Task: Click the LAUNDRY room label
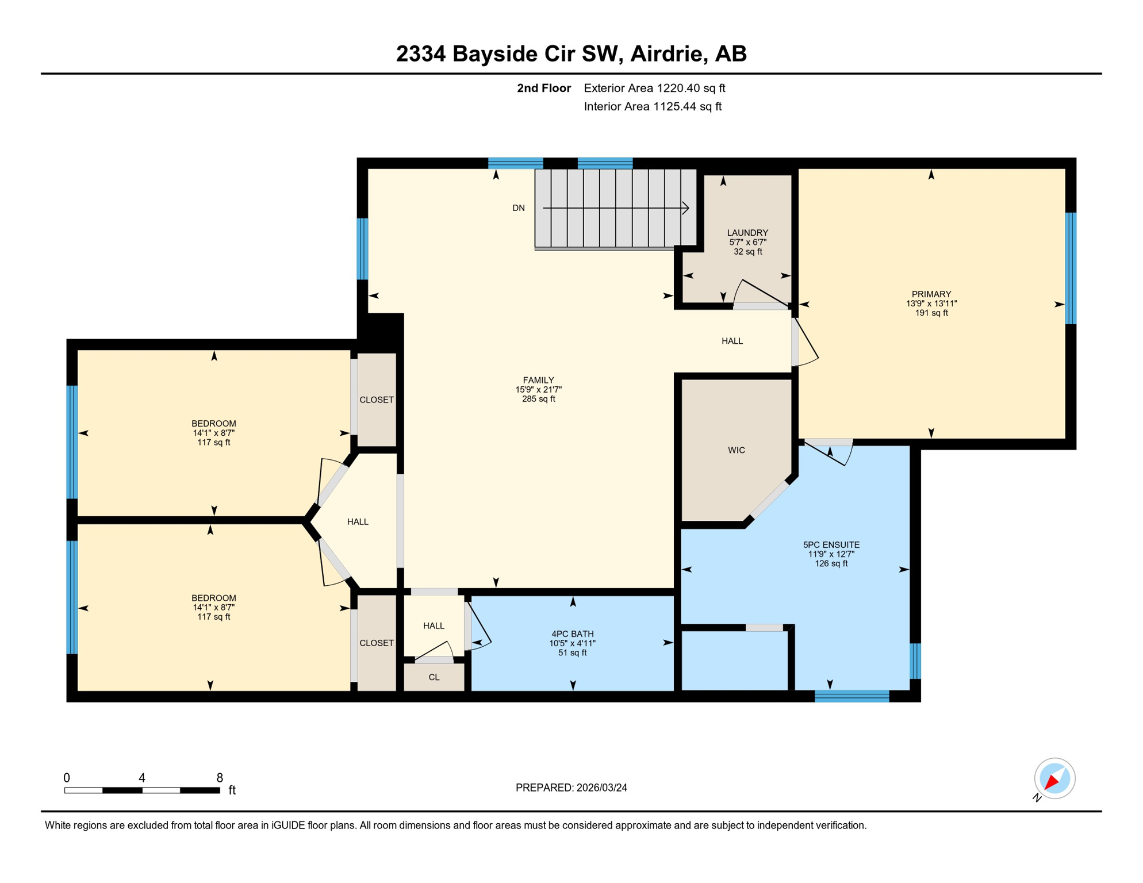(x=747, y=233)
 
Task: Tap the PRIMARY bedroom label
(x=931, y=294)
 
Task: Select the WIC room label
(x=736, y=450)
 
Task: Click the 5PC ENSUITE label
(x=831, y=545)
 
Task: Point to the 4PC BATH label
(x=572, y=634)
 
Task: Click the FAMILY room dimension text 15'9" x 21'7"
(x=538, y=390)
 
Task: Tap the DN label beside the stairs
(x=518, y=208)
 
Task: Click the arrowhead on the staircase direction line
(x=685, y=208)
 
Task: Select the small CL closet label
(x=434, y=678)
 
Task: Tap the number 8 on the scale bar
(x=220, y=778)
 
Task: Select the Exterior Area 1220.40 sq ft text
(x=654, y=88)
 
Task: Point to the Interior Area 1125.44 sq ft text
(x=652, y=106)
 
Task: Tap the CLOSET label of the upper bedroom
(x=376, y=400)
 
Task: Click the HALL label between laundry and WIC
(x=732, y=341)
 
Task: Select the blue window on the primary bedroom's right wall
(x=1070, y=268)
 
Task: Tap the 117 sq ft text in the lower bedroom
(x=213, y=617)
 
